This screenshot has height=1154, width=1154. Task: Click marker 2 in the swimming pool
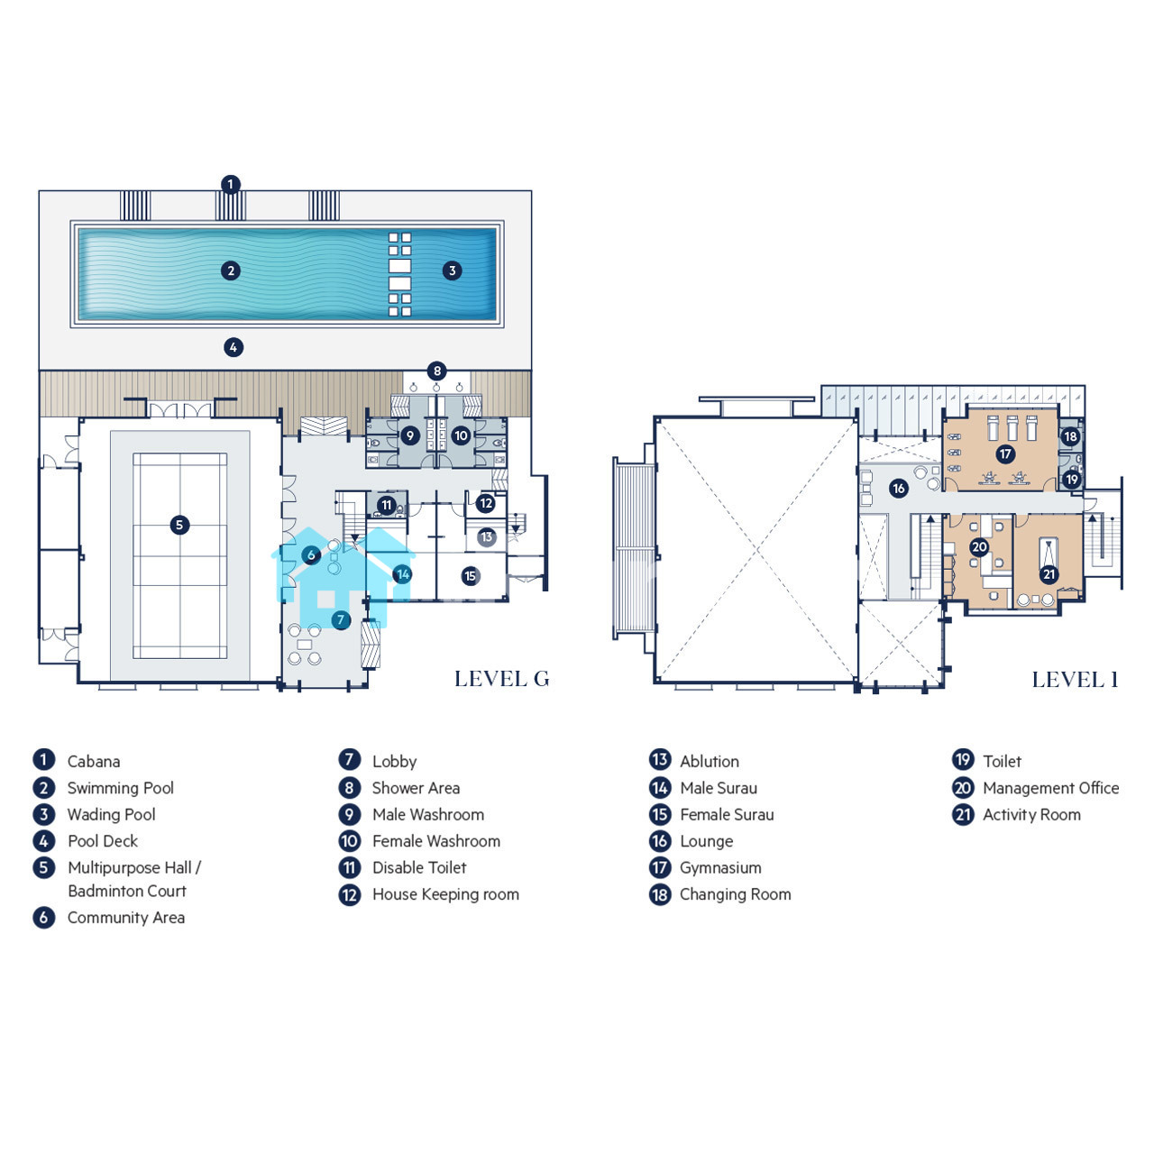coord(231,270)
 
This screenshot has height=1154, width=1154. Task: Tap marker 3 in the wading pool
coord(453,270)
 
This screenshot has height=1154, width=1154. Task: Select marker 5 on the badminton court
coord(179,526)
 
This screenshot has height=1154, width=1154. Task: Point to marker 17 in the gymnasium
coord(1005,453)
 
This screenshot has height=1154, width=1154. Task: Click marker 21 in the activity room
coord(1049,574)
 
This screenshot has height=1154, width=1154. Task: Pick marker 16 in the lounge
coord(898,488)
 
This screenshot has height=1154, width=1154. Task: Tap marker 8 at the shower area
coord(436,371)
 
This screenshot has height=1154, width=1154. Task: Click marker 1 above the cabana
coord(231,184)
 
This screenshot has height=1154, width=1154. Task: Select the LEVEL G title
coord(502,679)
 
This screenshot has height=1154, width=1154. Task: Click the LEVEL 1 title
coord(1075,680)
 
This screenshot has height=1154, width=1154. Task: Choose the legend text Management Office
coord(1050,788)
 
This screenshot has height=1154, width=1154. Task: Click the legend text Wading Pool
coord(112,814)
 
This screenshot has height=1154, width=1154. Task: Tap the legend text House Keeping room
coord(445,894)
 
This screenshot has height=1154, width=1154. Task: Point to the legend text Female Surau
coord(727,814)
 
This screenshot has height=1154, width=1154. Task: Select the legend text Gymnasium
coord(720,867)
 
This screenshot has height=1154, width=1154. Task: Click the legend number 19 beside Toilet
coord(962,760)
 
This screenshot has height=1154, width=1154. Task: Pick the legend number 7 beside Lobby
coord(349,760)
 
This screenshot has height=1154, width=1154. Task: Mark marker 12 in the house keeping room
coord(485,503)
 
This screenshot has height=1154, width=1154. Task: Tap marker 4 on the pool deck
coord(233,347)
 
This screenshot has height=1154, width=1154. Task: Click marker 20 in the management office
coord(978,546)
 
